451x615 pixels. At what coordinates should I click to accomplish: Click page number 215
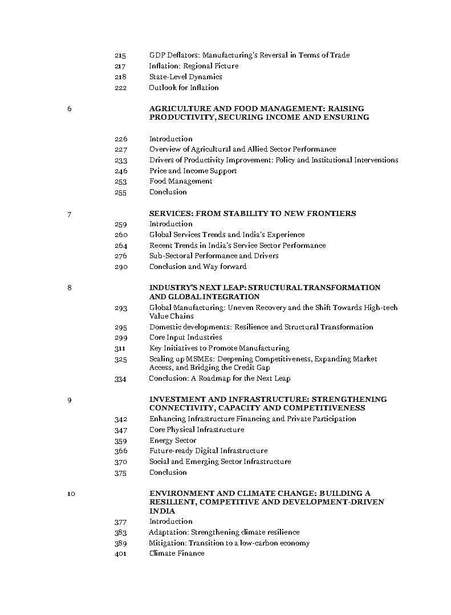[120, 55]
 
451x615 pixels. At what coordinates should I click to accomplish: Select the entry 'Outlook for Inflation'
[184, 88]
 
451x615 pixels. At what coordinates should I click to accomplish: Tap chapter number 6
[70, 108]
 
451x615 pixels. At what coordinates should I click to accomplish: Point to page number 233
[120, 160]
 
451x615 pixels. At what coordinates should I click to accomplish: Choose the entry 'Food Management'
[181, 181]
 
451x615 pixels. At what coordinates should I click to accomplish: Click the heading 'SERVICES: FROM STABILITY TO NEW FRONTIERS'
[252, 214]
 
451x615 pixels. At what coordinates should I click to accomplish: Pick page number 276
[120, 256]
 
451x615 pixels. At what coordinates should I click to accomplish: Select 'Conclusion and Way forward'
[198, 267]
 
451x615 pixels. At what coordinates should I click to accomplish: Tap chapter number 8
[70, 288]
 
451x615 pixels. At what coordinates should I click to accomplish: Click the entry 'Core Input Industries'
[185, 337]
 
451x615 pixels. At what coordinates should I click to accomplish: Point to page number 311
[120, 348]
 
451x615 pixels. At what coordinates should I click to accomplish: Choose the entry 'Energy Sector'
[173, 441]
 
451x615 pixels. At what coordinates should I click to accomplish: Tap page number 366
[120, 451]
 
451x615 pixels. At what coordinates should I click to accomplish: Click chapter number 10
[71, 494]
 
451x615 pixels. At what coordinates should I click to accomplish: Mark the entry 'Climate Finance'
[177, 553]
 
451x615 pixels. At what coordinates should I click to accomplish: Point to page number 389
[120, 543]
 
